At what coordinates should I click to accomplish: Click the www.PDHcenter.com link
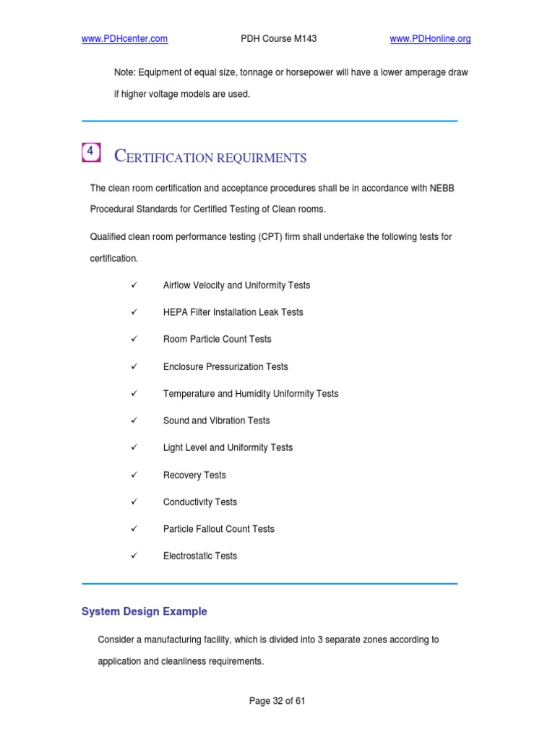[125, 39]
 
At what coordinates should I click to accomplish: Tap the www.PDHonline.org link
[430, 39]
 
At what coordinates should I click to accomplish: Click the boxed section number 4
[90, 152]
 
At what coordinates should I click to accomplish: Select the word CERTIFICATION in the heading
[163, 157]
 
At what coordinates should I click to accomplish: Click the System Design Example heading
[145, 611]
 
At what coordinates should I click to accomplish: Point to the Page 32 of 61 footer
[277, 701]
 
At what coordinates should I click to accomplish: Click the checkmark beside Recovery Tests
[134, 475]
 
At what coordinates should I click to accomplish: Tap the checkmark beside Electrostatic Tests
[134, 556]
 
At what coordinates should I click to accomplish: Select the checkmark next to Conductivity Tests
[134, 502]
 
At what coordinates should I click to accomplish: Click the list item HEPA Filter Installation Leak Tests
[233, 312]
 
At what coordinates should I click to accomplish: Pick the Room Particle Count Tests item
[218, 339]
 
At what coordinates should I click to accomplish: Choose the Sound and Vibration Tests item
[217, 421]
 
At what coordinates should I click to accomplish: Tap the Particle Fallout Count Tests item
[219, 529]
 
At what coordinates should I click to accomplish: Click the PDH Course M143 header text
[279, 39]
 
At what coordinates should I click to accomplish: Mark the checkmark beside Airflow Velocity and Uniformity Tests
[134, 285]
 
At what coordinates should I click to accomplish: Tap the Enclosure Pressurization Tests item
[225, 366]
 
